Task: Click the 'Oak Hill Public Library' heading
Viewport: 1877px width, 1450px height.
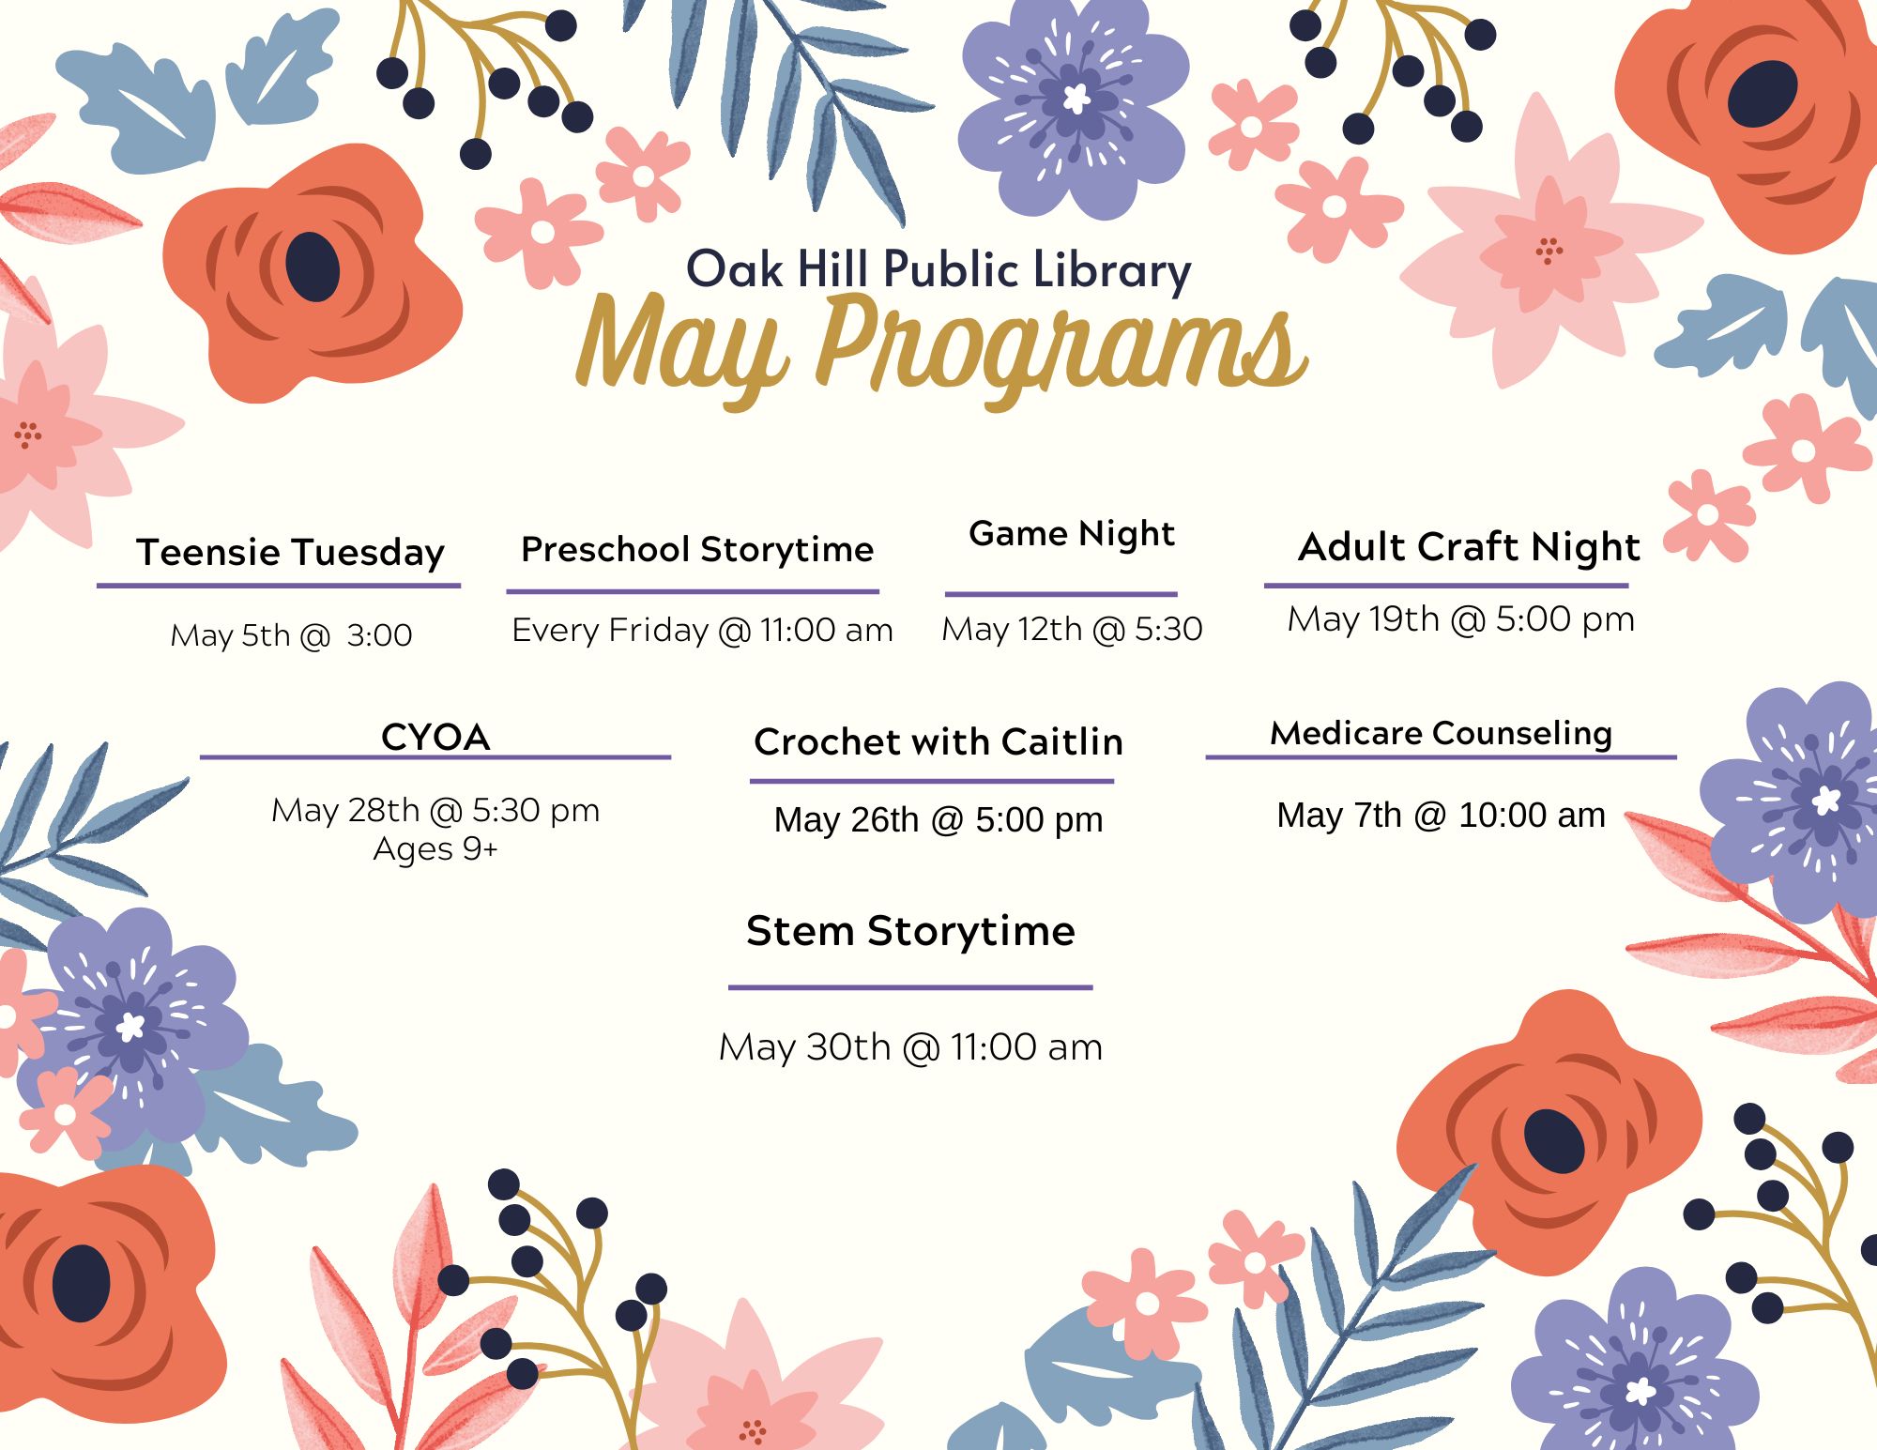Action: [938, 270]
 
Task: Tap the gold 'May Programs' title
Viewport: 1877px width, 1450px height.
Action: [941, 350]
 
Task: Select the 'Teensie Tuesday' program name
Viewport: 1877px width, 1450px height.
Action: [290, 553]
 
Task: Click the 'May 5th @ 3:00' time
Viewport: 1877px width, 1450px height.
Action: [291, 635]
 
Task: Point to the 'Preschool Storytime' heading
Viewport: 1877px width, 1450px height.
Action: [697, 549]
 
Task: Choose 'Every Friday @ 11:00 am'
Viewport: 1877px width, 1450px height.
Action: [702, 630]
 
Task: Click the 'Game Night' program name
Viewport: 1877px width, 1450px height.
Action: [1072, 534]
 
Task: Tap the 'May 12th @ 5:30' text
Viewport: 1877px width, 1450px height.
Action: [1072, 629]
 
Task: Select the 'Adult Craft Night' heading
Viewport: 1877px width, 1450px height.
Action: [1469, 547]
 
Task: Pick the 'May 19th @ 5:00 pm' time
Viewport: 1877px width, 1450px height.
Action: [1461, 619]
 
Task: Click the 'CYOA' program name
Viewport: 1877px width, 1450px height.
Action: [435, 738]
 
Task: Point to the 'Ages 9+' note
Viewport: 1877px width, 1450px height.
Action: [435, 848]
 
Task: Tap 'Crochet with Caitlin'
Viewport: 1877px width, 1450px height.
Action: [938, 741]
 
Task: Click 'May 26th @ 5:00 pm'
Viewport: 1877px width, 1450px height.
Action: [938, 819]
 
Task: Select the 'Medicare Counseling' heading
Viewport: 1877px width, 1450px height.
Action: [1442, 733]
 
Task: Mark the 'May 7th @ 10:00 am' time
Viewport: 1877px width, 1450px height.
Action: [1442, 815]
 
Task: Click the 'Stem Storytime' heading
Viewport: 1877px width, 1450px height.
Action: [910, 931]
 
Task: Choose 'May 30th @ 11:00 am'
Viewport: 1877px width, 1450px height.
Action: [910, 1047]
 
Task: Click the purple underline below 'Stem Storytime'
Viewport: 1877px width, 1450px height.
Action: [910, 987]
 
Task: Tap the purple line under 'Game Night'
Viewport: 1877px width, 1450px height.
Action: [1061, 594]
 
